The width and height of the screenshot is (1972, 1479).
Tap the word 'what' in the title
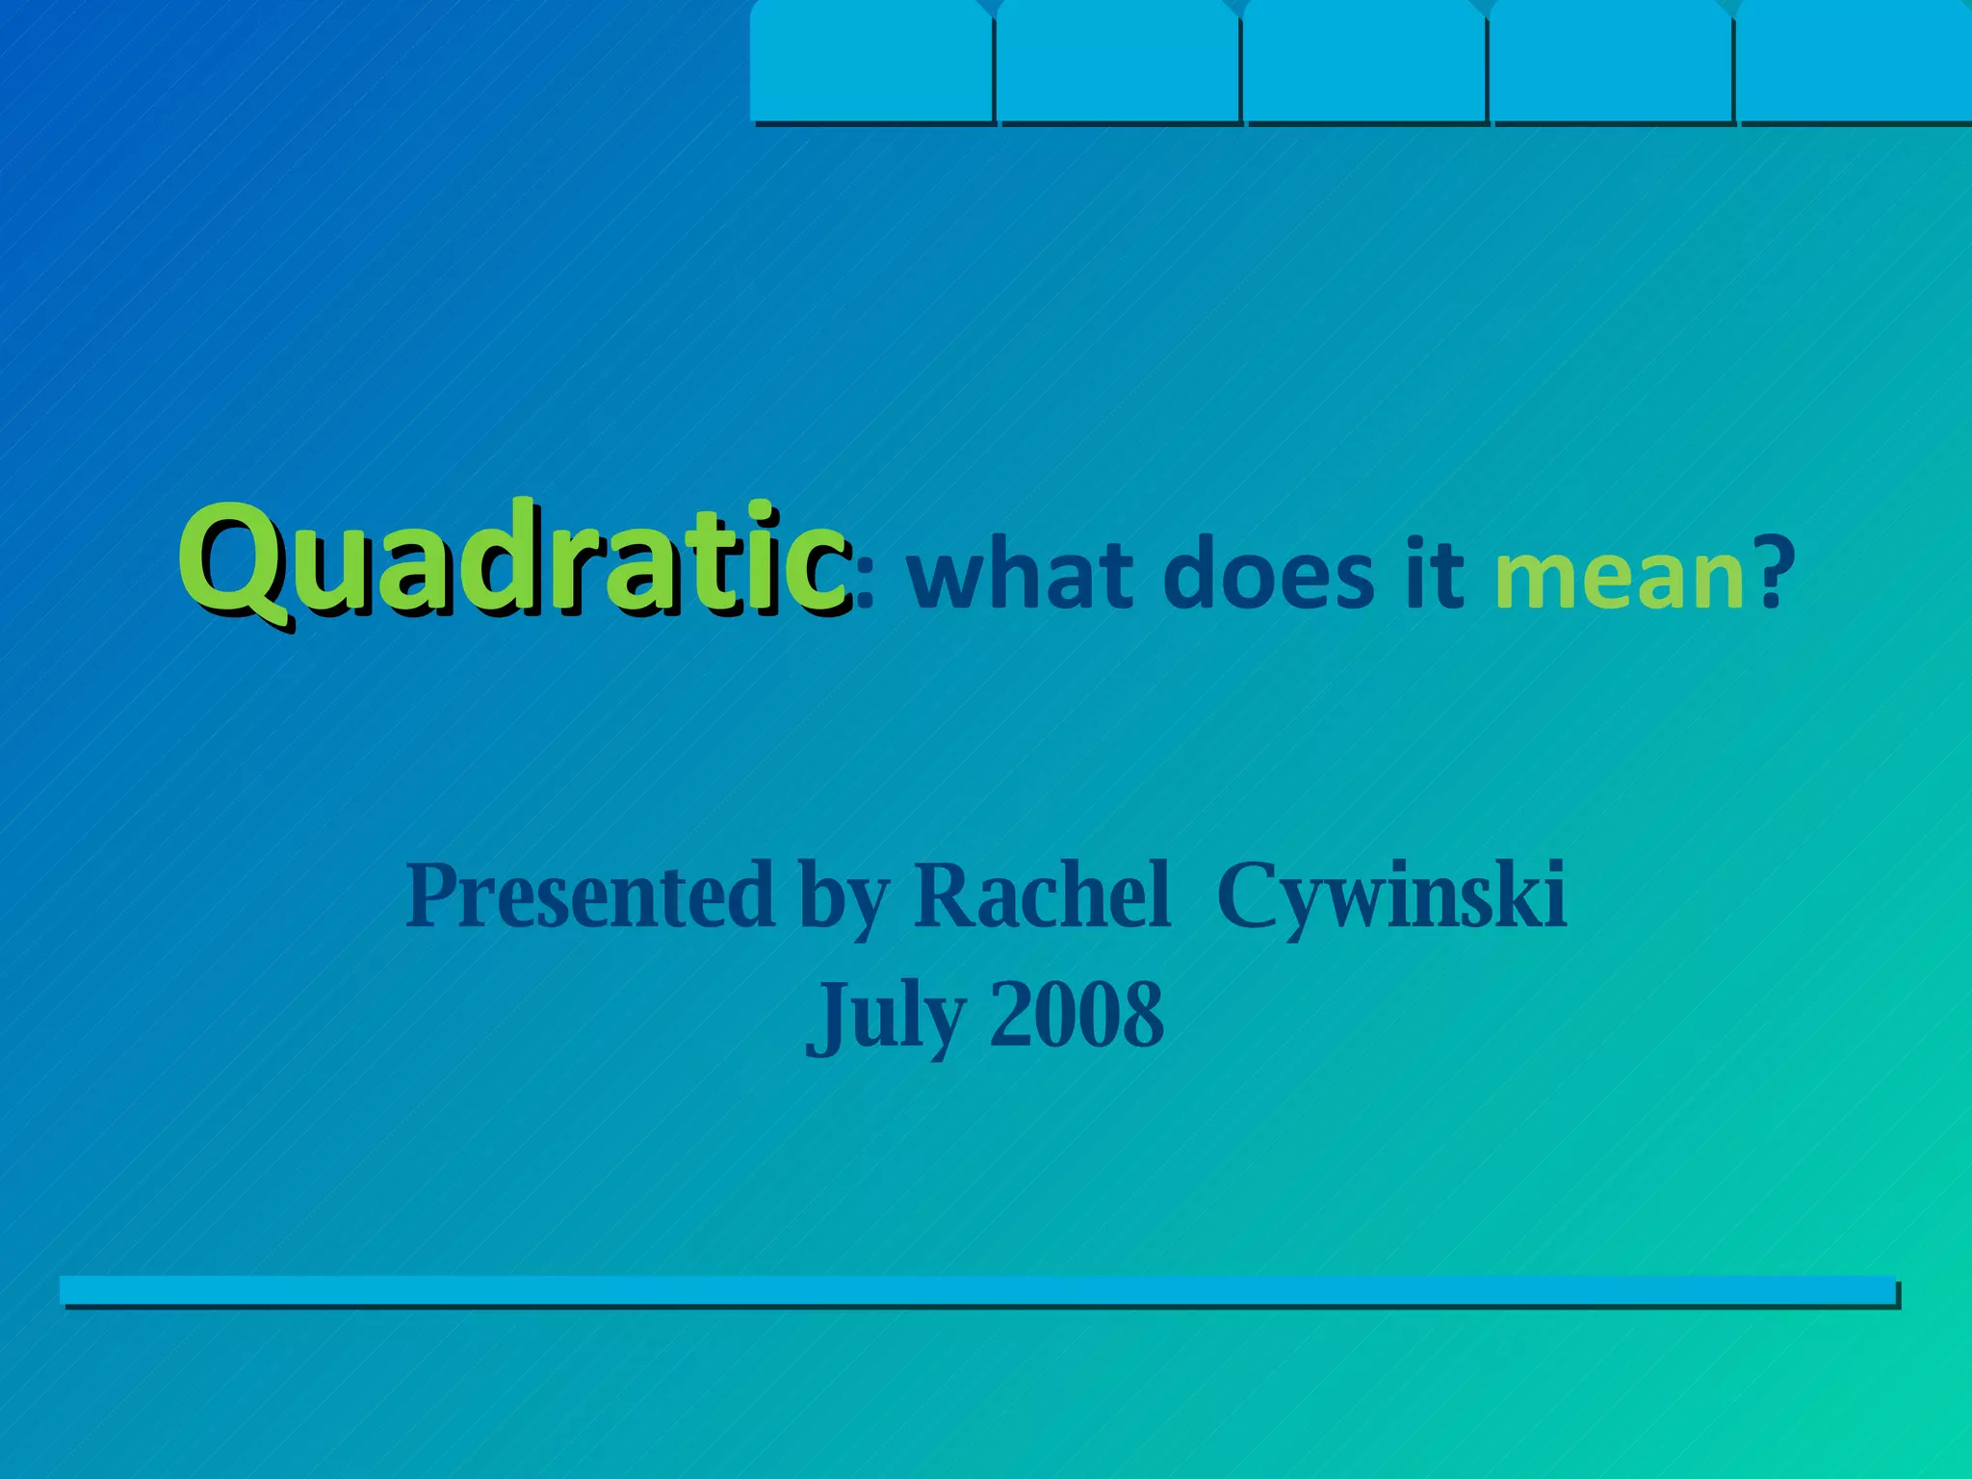point(1021,576)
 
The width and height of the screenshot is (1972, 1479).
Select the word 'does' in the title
point(1268,576)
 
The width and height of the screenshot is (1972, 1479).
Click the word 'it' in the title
point(1435,576)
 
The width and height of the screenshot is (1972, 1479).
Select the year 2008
point(1077,1015)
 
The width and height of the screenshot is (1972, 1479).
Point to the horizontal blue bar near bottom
point(978,1290)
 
